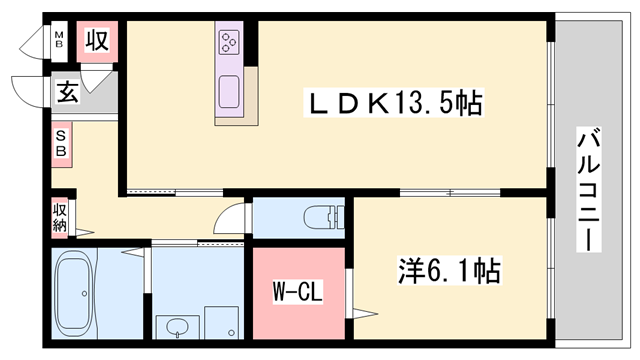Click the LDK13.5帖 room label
[x=395, y=103]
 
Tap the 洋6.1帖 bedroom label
[x=448, y=270]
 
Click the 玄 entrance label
[x=67, y=93]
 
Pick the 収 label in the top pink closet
[x=96, y=42]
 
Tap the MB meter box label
[x=59, y=42]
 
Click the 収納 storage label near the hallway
[x=60, y=217]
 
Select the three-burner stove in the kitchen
[x=229, y=43]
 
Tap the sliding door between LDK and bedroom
[x=450, y=191]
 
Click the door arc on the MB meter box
[x=36, y=42]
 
